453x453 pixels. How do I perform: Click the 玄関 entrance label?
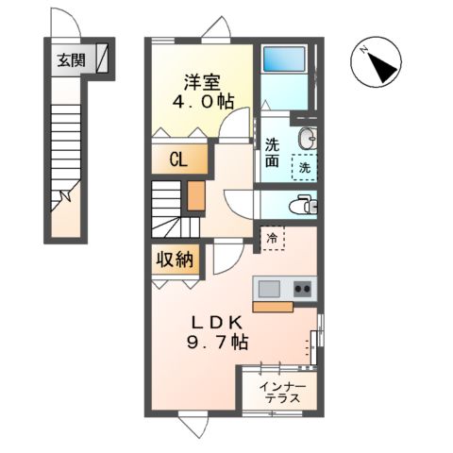tap(71, 60)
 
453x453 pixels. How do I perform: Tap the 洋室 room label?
tap(202, 82)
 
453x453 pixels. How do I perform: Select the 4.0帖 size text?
tap(203, 101)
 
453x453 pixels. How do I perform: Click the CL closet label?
tap(178, 159)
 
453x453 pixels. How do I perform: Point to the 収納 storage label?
tap(175, 260)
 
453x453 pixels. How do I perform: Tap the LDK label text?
tap(217, 323)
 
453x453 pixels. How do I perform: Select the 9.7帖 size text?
tap(218, 342)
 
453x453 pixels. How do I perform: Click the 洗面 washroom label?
tap(272, 153)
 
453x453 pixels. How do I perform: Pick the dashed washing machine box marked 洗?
tap(304, 167)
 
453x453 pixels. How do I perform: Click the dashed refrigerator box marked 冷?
tap(273, 238)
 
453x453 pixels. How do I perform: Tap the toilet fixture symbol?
tap(303, 205)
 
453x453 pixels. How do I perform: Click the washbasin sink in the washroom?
tap(308, 139)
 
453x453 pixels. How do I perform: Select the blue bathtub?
tap(284, 59)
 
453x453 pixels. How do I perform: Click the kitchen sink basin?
tap(269, 289)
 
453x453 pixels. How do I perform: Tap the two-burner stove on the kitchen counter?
tap(302, 289)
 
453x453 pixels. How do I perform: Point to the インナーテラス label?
tap(282, 393)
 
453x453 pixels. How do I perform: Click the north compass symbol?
tap(376, 61)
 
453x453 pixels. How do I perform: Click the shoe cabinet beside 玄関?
tap(102, 59)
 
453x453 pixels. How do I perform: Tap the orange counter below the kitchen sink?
tap(273, 307)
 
